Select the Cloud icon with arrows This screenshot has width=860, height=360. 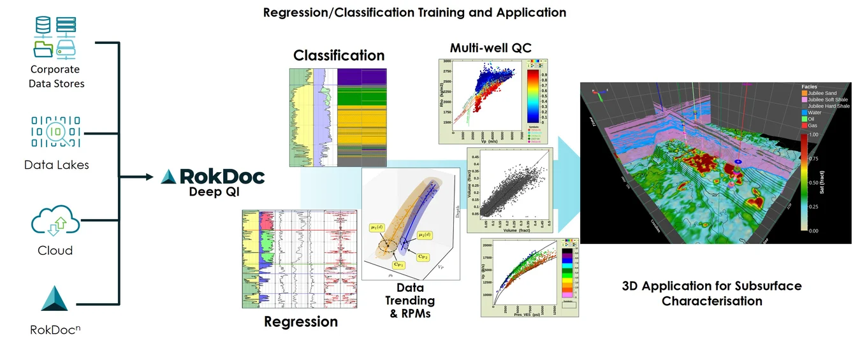click(55, 221)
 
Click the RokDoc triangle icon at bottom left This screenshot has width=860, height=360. click(54, 299)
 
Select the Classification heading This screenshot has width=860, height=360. click(339, 55)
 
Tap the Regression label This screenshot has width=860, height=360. click(301, 322)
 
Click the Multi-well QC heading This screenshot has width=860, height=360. click(490, 48)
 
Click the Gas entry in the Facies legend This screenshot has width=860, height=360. click(814, 126)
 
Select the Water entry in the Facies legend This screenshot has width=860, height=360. click(817, 112)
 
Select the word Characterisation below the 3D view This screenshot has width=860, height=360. click(711, 301)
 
